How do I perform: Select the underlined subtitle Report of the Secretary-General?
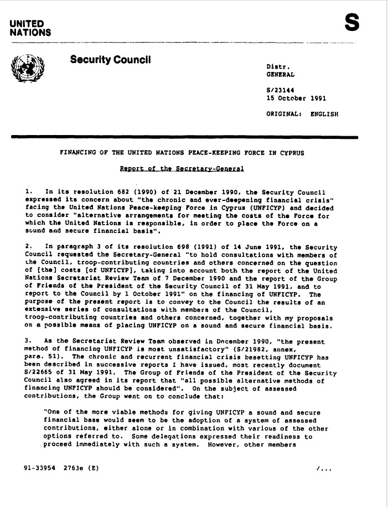pos(182,168)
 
